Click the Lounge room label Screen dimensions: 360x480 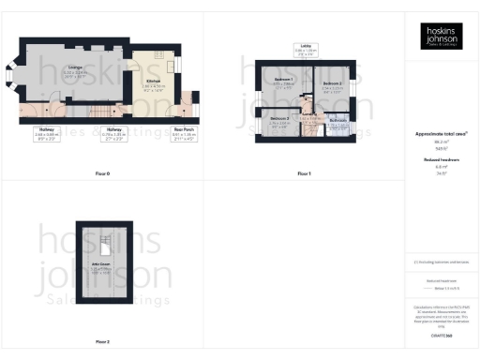[73, 68]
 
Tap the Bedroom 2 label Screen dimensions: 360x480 [331, 85]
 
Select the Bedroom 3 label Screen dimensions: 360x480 [279, 120]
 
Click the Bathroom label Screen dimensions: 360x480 [338, 122]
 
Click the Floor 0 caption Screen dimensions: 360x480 [103, 174]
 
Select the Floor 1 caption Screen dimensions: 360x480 [304, 174]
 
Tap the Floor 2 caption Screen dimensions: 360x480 [103, 342]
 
